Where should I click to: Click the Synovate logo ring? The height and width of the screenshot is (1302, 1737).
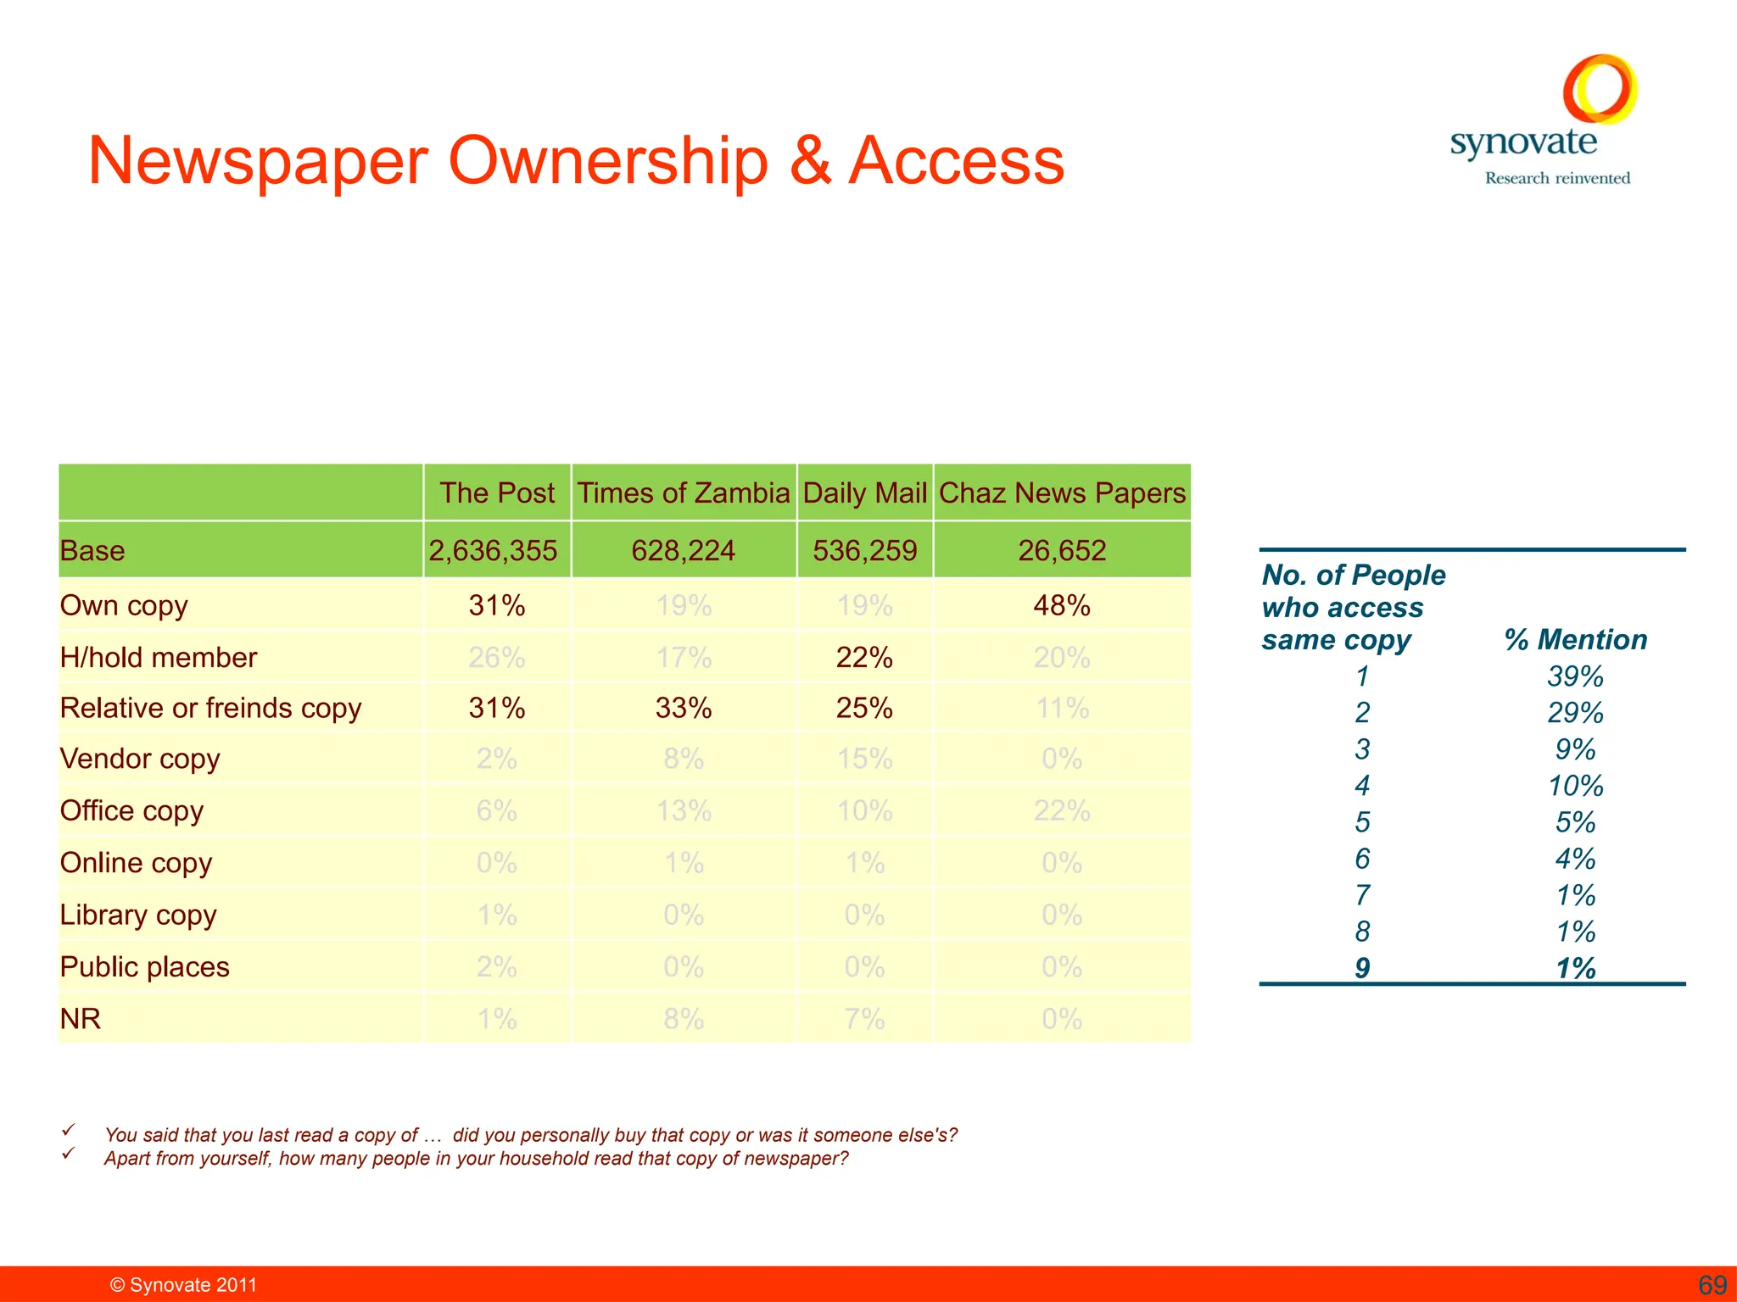1600,89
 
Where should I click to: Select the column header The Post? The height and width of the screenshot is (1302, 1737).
497,492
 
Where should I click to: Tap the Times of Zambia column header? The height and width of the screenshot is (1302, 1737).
684,492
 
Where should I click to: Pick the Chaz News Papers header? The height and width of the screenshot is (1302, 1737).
1062,492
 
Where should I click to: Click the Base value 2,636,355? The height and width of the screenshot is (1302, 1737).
493,550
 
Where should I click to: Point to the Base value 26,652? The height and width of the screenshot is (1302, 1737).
1062,550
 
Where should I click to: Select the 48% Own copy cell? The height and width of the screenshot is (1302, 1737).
1062,605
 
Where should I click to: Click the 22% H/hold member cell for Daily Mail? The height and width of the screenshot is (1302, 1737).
864,657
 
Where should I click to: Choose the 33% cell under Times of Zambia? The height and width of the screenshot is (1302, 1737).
684,708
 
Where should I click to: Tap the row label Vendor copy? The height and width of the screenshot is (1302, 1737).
140,759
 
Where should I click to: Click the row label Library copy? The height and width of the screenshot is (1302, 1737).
138,915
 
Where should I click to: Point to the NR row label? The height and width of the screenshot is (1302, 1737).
81,1018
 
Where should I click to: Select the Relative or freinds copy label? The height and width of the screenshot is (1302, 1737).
210,708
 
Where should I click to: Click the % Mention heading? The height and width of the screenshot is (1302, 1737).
1576,639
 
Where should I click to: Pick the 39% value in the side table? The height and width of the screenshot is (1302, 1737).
1575,676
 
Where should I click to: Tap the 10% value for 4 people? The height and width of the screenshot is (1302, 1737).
1575,786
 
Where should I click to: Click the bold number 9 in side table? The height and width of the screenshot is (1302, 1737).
1362,968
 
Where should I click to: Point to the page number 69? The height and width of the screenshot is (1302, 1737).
1712,1285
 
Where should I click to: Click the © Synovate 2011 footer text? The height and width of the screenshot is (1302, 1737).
183,1285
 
